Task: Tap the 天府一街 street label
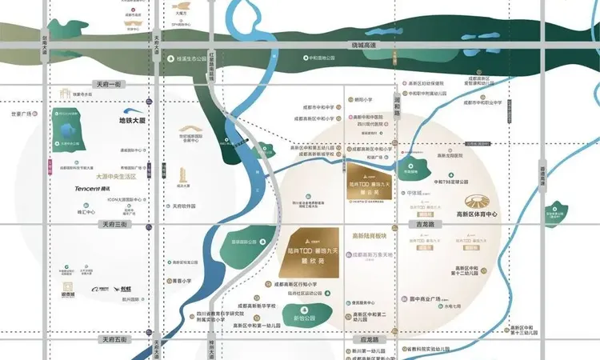[110, 84]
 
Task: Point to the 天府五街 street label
[113, 340]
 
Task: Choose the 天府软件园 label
[184, 206]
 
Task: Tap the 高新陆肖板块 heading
[369, 237]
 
